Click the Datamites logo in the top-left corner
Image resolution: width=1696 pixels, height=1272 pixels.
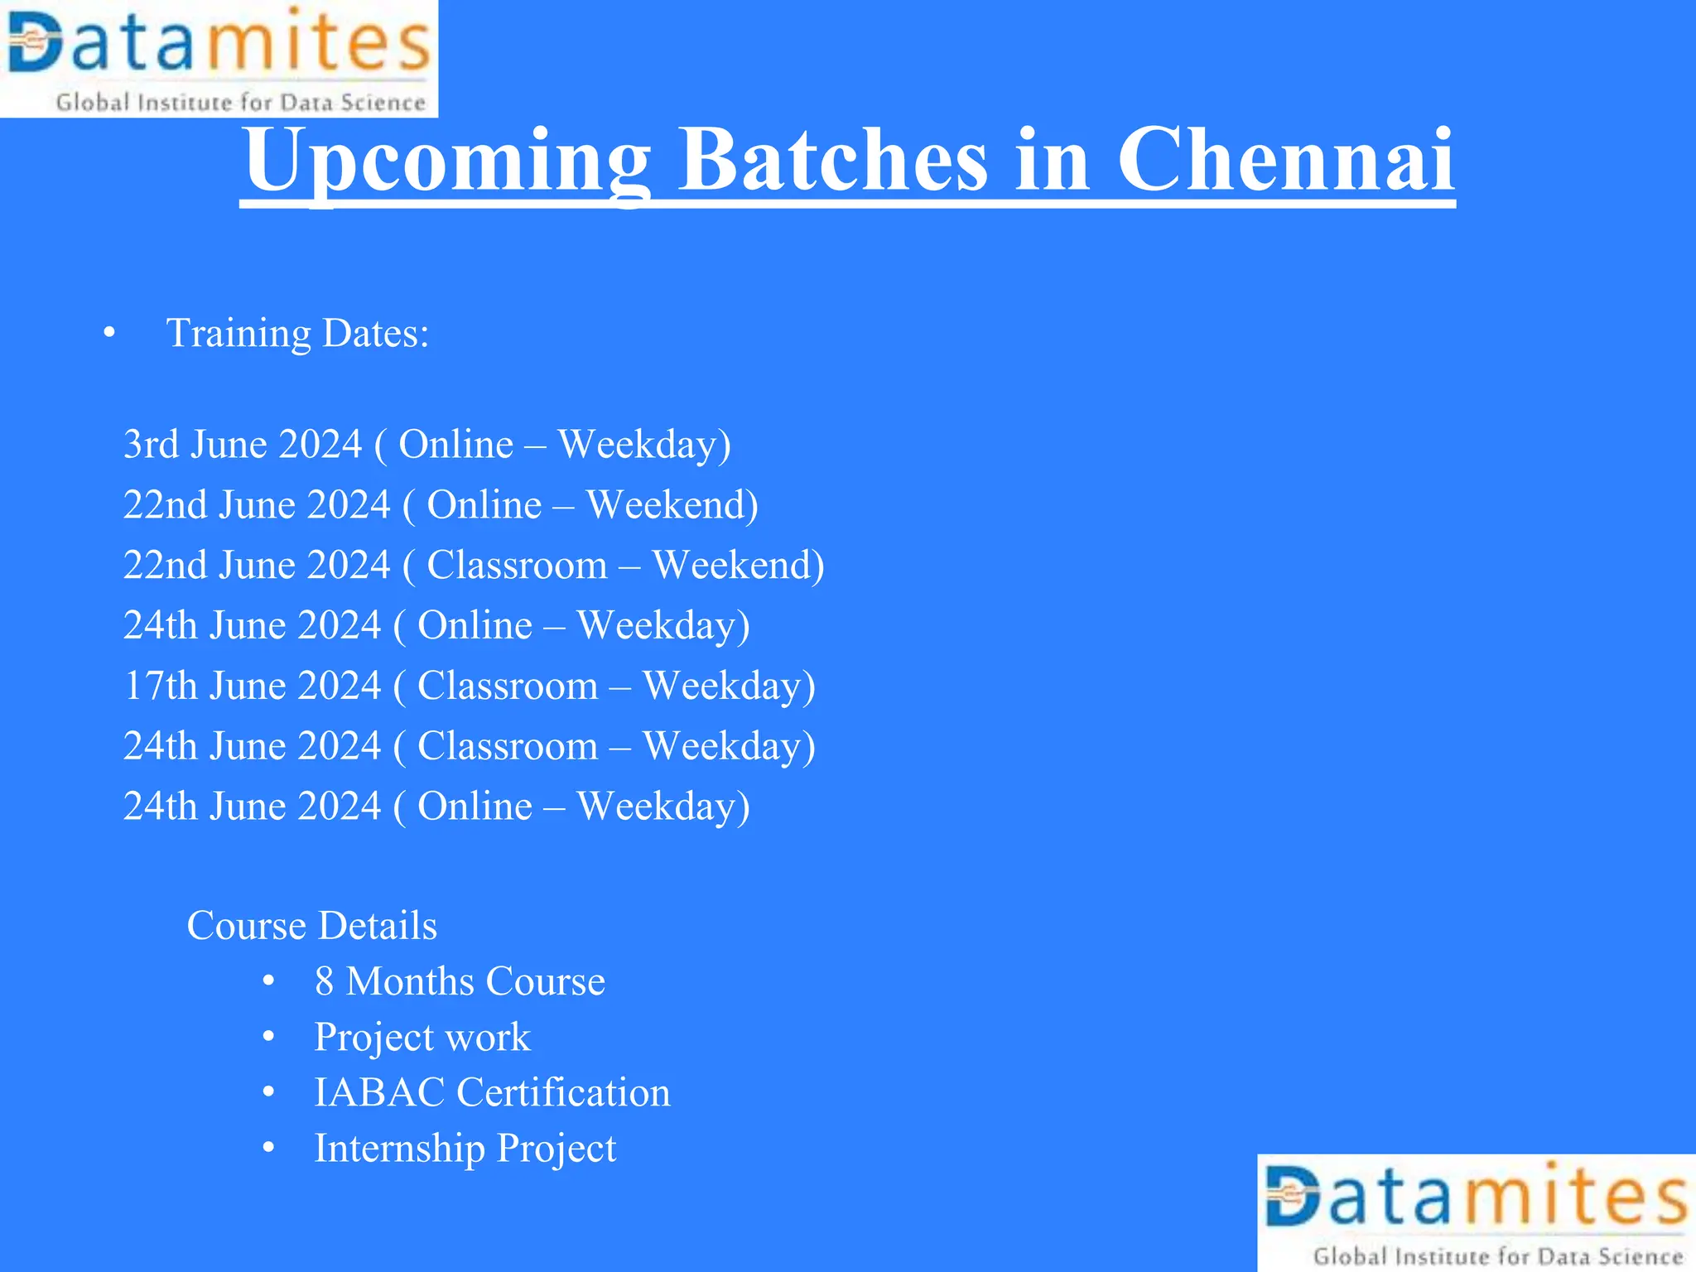[x=219, y=58]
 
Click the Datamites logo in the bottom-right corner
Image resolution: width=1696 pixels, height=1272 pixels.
[x=1477, y=1212]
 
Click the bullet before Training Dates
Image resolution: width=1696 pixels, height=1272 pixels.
[x=109, y=334]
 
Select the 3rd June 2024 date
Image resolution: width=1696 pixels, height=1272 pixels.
[x=243, y=445]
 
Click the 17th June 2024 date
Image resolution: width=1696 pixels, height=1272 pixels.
[x=253, y=687]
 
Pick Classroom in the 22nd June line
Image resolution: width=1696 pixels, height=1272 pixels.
[x=518, y=566]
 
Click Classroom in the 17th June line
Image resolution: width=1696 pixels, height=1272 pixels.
[x=508, y=687]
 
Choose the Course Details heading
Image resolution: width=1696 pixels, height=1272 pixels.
[x=311, y=926]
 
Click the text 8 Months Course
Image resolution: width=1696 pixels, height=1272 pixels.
[x=460, y=982]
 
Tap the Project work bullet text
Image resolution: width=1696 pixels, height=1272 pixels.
[x=422, y=1038]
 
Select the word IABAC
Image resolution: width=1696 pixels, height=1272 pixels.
[x=379, y=1093]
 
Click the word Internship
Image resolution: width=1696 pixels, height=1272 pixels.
[x=399, y=1149]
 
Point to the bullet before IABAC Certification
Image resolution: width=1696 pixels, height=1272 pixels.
[x=268, y=1093]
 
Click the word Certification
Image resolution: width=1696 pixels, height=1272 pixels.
[x=564, y=1093]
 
